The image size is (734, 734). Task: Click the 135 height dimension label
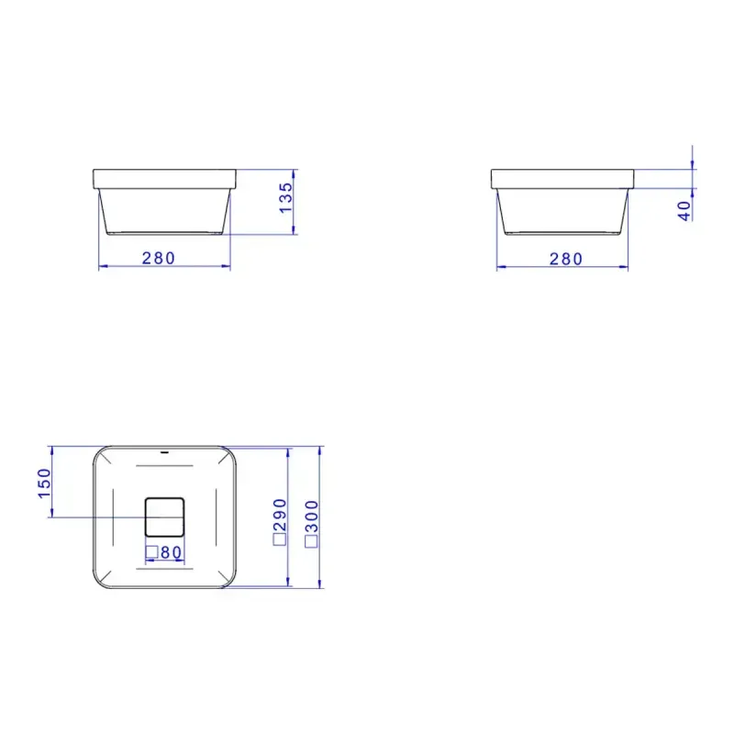point(285,198)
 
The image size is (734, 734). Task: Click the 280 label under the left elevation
point(159,258)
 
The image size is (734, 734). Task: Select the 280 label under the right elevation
point(566,259)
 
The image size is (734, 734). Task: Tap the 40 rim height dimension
point(684,211)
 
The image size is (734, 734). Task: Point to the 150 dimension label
point(44,484)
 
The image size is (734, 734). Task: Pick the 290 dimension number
point(280,515)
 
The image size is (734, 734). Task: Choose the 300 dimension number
point(312,517)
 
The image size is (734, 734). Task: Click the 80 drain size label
point(171,553)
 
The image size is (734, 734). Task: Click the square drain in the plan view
point(164,517)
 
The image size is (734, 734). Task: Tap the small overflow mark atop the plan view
point(164,452)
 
